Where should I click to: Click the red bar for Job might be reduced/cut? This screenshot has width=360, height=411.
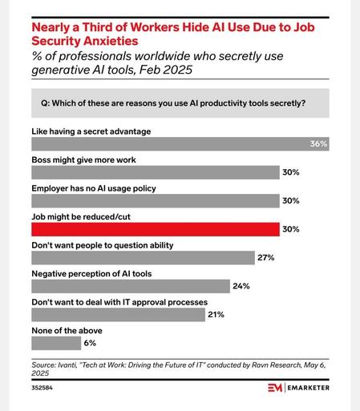point(156,229)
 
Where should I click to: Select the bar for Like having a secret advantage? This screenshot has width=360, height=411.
point(180,144)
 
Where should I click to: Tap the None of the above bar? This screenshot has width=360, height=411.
point(56,343)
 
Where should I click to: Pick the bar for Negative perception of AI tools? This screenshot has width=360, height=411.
point(131,286)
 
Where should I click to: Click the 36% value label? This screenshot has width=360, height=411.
point(318,144)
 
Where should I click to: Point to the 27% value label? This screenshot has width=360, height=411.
point(266,258)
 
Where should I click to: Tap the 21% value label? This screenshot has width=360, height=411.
point(216,315)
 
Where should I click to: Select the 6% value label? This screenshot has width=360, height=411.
point(90,343)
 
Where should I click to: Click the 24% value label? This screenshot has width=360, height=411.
point(241,286)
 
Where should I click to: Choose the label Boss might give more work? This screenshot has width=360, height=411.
point(83,159)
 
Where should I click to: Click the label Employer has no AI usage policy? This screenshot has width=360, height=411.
point(94,188)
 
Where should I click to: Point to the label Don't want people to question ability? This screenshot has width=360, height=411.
point(103,245)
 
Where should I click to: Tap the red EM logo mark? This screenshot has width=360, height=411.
point(275,388)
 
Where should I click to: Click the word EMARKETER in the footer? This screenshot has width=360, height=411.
point(309,388)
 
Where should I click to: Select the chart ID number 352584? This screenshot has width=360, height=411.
point(42,388)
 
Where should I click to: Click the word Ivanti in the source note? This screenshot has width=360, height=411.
point(67,365)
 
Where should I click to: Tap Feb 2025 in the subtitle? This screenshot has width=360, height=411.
point(166,70)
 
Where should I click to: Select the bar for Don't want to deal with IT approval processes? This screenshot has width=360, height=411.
point(119,315)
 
